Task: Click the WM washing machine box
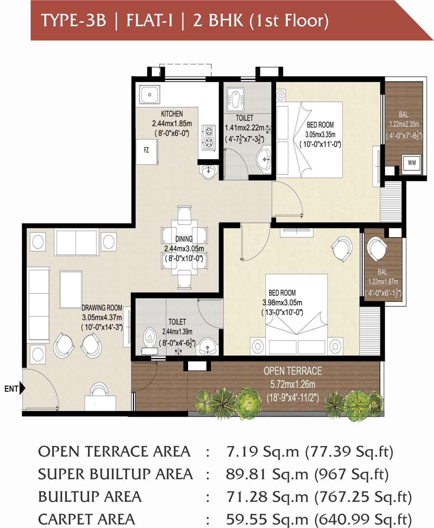coord(411,163)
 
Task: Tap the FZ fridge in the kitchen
coord(147,151)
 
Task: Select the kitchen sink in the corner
coord(149,94)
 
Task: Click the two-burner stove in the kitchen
coord(209,137)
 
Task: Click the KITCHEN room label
coord(172,114)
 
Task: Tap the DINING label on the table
coord(184,239)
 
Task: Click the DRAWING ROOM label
coord(102,308)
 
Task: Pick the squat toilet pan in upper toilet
coord(236,99)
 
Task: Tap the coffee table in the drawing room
coord(71,290)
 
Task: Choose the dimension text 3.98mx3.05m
coord(282,302)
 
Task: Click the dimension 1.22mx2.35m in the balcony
coord(404,124)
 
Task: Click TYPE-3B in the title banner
coord(74,20)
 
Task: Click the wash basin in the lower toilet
coord(207,347)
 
